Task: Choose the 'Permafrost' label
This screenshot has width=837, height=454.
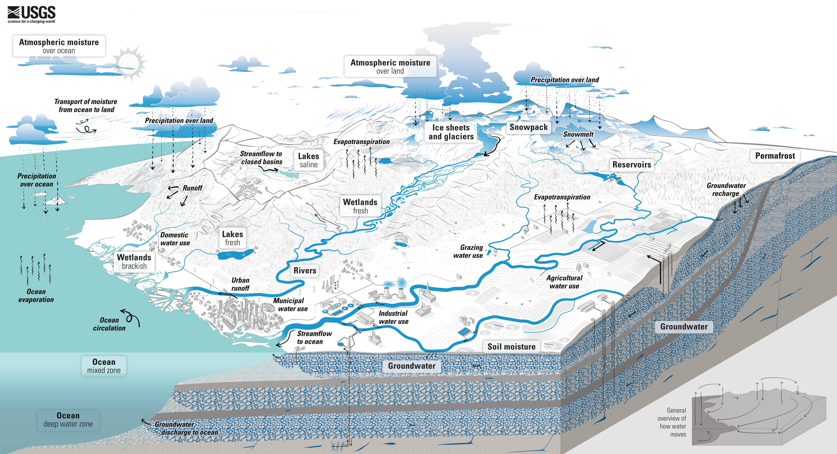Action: (x=775, y=156)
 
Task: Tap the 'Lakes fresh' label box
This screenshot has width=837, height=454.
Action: (x=232, y=238)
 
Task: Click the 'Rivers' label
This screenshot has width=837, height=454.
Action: (x=305, y=270)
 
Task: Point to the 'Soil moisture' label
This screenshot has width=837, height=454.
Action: (x=511, y=347)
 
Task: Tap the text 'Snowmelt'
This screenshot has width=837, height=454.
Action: (x=578, y=134)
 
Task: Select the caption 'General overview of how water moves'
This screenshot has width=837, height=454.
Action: (x=672, y=422)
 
